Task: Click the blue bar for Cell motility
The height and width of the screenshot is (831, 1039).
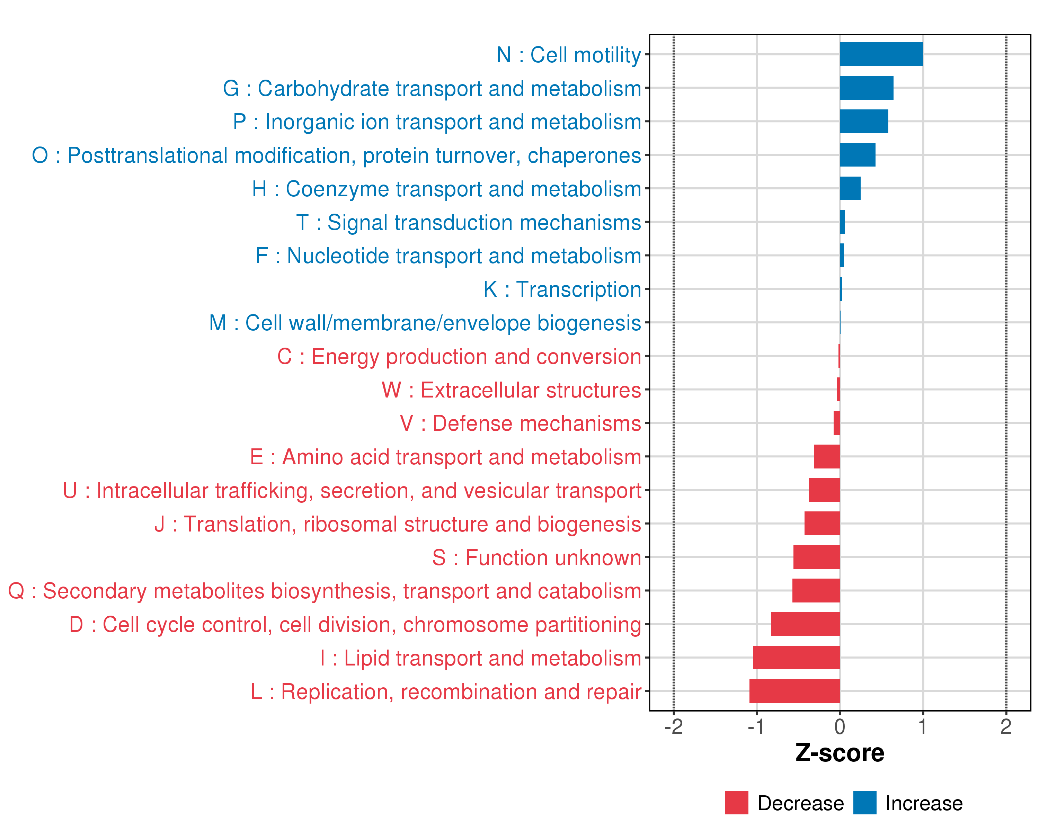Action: coord(881,54)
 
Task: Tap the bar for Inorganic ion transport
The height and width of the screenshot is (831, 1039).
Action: coord(864,122)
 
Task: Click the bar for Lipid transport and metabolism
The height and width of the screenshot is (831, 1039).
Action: coord(796,658)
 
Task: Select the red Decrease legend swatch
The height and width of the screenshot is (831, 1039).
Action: coord(736,803)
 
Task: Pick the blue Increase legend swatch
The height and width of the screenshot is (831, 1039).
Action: coord(864,803)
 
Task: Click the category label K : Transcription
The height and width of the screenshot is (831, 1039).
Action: coord(562,289)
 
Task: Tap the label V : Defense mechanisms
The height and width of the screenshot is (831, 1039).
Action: coord(521,423)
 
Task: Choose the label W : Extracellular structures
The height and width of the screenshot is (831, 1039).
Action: coord(511,390)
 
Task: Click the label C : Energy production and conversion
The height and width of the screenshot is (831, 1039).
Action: coord(459,357)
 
